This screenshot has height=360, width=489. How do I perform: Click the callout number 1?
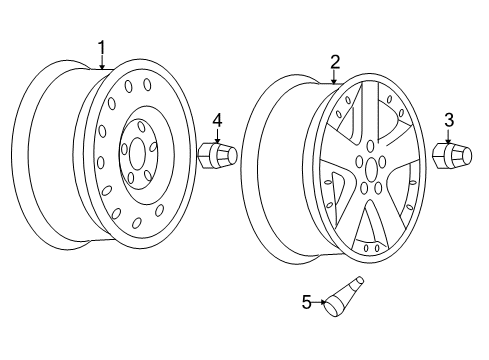click(101, 46)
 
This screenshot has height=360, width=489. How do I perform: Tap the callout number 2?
click(336, 61)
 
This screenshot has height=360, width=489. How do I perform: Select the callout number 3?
click(449, 121)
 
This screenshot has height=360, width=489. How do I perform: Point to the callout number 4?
click(217, 120)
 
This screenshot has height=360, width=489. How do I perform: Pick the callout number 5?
click(309, 299)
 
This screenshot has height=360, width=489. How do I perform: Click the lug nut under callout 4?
click(215, 156)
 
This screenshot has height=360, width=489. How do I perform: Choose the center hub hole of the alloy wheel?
click(370, 172)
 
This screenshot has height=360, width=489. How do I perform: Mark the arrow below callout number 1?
click(101, 62)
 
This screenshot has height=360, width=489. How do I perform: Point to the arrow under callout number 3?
click(449, 137)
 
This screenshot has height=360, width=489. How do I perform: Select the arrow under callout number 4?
click(217, 136)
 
